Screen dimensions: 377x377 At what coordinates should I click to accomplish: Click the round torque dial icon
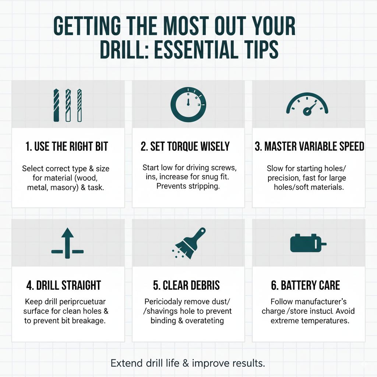[188, 104]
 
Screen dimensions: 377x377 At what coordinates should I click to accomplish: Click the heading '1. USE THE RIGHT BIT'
[67, 147]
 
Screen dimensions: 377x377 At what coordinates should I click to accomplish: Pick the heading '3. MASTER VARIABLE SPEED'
[309, 147]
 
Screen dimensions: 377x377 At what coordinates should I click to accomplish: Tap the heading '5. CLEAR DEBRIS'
[186, 285]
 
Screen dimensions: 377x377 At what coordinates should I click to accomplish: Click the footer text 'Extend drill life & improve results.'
[188, 363]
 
